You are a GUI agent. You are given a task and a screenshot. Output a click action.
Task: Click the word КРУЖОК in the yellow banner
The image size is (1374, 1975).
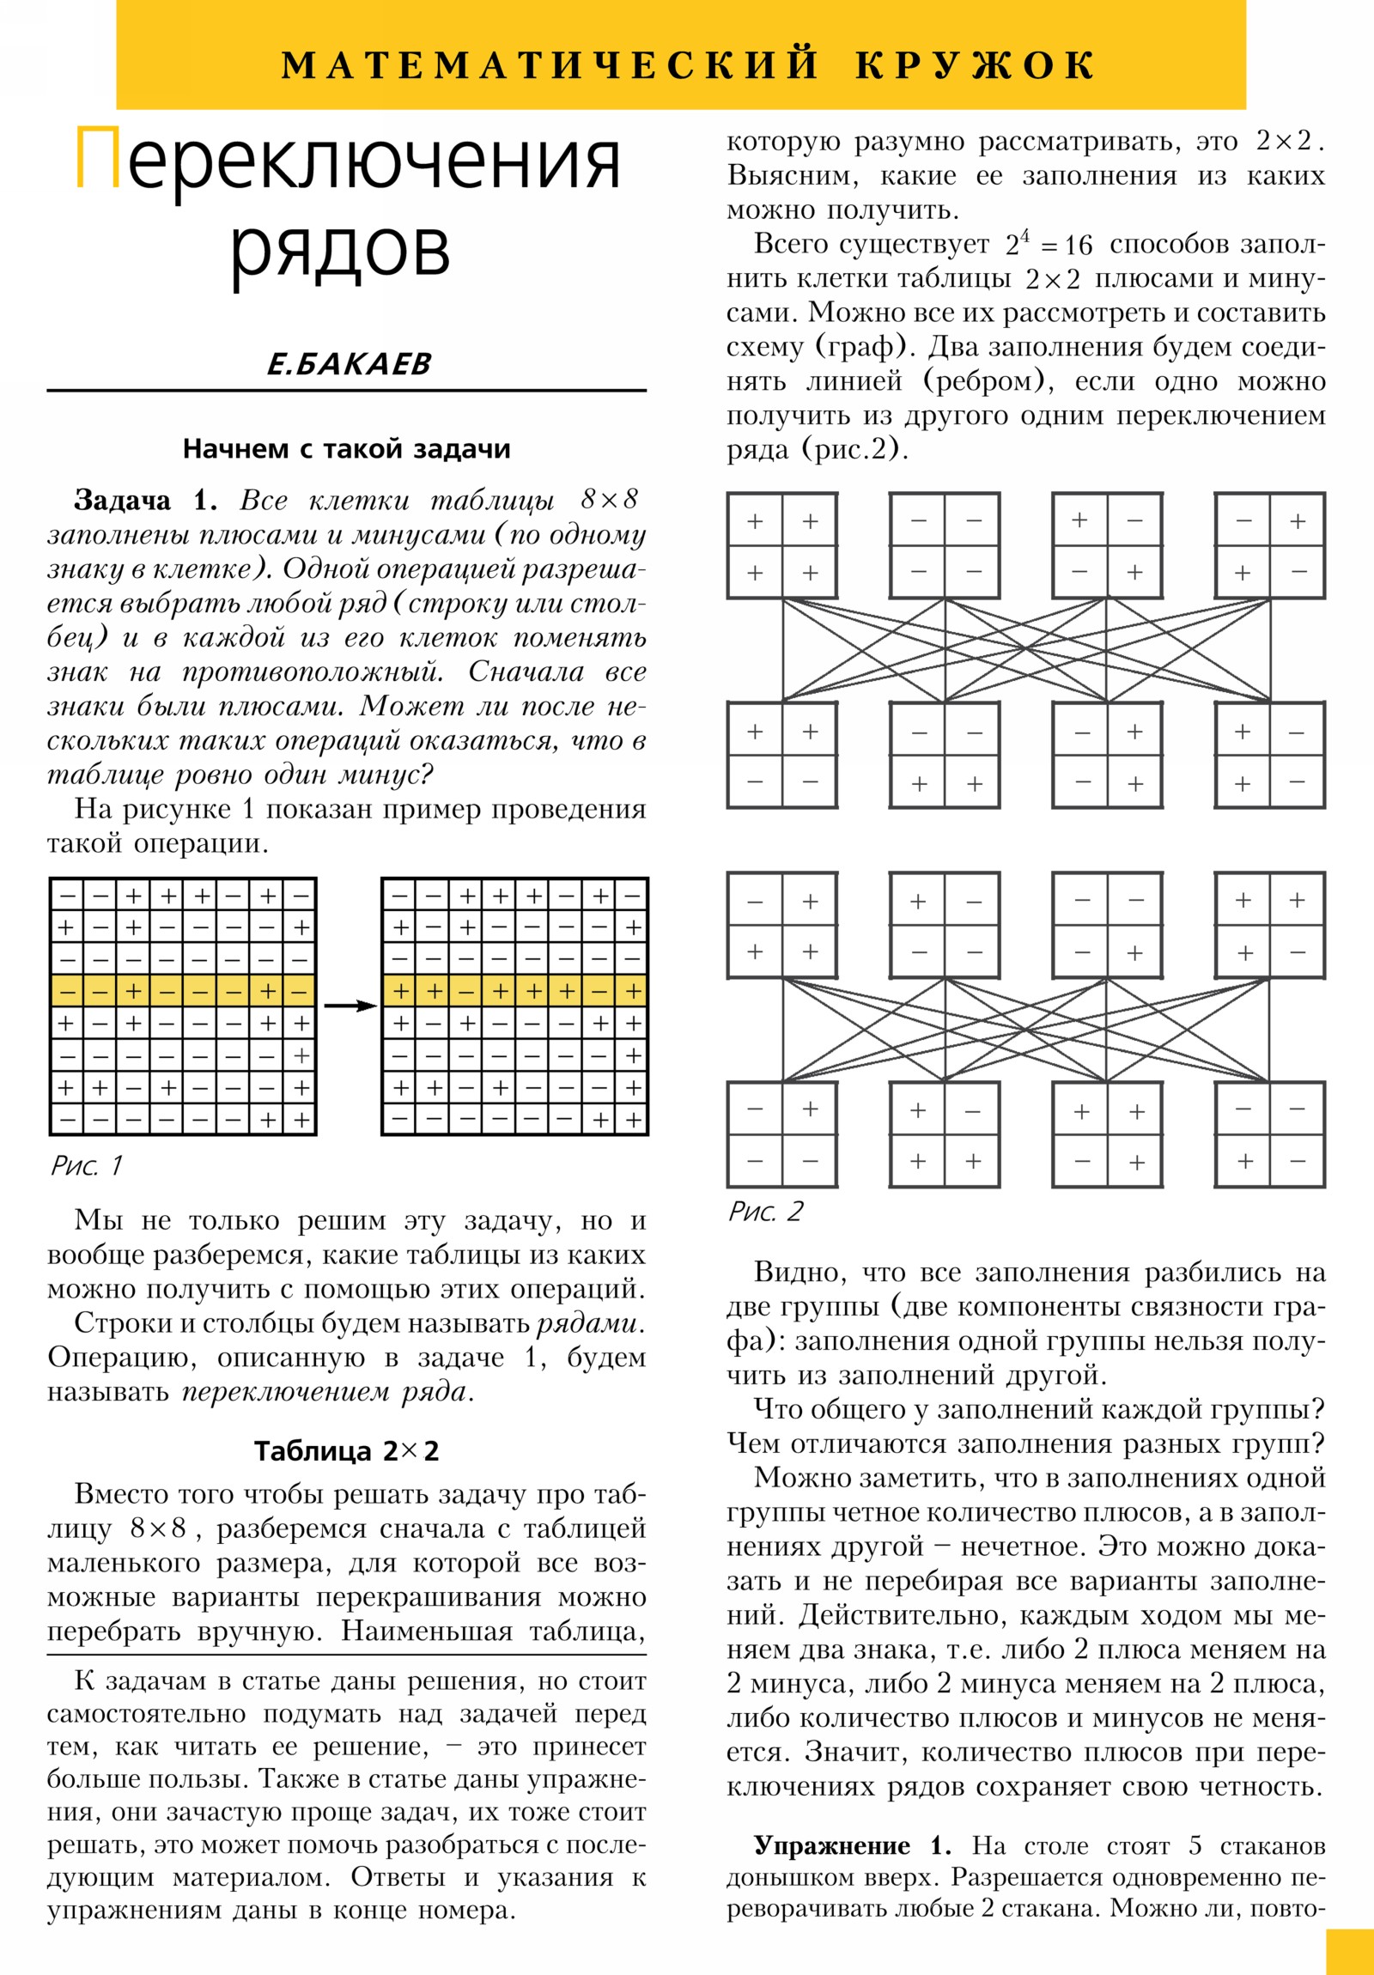[975, 65]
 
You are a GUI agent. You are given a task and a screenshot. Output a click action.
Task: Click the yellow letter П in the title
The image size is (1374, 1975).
[97, 157]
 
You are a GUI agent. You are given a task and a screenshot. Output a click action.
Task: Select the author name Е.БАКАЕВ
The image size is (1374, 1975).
[349, 364]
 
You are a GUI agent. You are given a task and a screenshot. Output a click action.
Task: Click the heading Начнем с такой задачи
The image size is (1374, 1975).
[347, 449]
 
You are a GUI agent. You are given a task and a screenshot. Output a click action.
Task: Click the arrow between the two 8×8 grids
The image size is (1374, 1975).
[350, 1006]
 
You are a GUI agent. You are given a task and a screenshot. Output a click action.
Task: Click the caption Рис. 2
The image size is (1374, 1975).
[765, 1211]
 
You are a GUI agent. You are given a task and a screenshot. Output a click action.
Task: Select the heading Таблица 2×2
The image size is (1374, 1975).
[347, 1451]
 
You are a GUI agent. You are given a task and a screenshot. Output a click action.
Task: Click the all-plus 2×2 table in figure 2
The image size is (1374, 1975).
[782, 546]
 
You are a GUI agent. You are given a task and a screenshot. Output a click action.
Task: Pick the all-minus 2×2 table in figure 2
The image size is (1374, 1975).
[945, 546]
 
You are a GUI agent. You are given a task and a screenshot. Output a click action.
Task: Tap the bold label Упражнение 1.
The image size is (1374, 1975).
[852, 1846]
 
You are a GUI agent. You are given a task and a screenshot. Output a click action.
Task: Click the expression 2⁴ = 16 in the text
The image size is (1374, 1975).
[1048, 246]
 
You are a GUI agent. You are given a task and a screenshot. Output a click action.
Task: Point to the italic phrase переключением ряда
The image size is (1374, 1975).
[326, 1391]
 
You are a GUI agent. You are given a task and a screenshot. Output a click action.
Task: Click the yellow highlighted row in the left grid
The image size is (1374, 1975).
[183, 991]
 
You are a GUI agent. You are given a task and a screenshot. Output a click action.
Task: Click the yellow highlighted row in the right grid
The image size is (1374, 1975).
[514, 991]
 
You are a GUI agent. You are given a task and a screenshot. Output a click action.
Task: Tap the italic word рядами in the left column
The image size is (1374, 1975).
[588, 1323]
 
